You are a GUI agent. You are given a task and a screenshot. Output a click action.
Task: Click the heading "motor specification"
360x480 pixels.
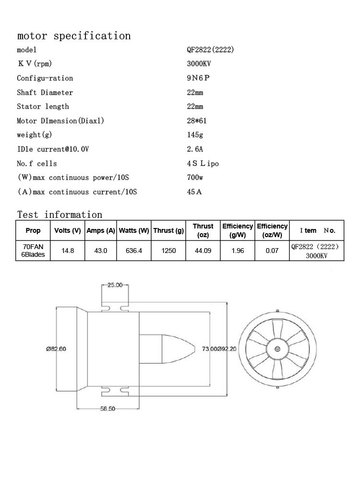pyautogui.click(x=74, y=36)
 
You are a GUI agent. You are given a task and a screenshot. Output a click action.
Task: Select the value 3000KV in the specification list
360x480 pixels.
pyautogui.click(x=199, y=64)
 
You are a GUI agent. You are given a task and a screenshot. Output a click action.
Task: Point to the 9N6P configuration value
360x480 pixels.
pyautogui.click(x=198, y=78)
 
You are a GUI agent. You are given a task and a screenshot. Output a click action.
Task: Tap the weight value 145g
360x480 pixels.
pyautogui.click(x=195, y=135)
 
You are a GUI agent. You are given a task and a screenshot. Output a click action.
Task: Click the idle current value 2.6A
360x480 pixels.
pyautogui.click(x=195, y=149)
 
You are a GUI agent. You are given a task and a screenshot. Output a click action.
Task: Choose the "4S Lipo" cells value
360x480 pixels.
pyautogui.click(x=203, y=163)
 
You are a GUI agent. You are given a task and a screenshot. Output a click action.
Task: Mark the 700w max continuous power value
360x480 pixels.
pyautogui.click(x=195, y=177)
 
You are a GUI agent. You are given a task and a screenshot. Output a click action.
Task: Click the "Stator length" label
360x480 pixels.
pyautogui.click(x=43, y=107)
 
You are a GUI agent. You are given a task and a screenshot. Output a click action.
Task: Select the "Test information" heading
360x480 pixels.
pyautogui.click(x=60, y=214)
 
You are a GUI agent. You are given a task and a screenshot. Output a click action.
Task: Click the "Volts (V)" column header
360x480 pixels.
pyautogui.click(x=68, y=230)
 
